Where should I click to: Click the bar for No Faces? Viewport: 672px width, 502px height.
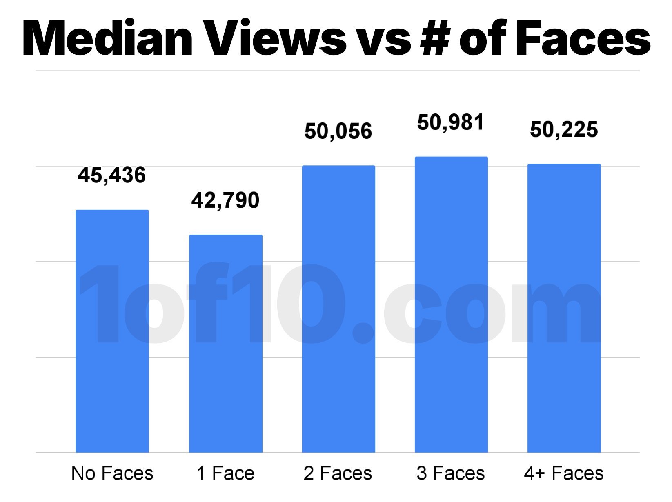[x=112, y=331]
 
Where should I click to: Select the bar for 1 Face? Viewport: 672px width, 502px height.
[x=226, y=343]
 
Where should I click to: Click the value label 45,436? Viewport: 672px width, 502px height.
[x=112, y=175]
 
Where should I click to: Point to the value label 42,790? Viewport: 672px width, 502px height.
[x=225, y=200]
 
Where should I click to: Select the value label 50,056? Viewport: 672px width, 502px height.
[x=338, y=131]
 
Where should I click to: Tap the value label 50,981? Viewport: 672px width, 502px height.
[x=451, y=122]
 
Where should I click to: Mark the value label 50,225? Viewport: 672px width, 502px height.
[x=564, y=130]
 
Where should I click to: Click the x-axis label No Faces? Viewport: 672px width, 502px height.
[x=112, y=473]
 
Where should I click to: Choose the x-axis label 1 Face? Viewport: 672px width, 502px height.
[x=225, y=473]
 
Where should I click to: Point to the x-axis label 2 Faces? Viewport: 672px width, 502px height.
[x=338, y=473]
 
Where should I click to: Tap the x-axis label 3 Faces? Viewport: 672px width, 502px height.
[x=451, y=473]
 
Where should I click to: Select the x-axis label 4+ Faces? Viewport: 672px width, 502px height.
[x=564, y=473]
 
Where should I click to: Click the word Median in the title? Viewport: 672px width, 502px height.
[x=107, y=39]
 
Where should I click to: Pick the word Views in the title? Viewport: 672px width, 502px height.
[x=276, y=39]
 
